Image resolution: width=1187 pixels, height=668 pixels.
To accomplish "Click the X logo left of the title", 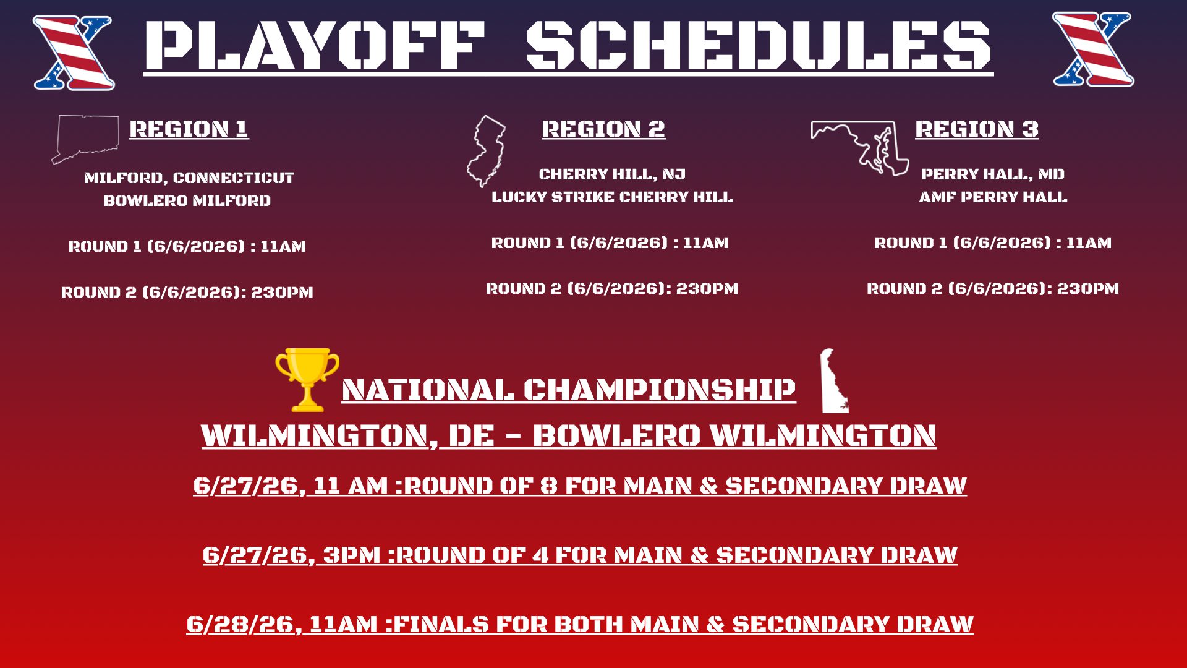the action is tap(74, 53).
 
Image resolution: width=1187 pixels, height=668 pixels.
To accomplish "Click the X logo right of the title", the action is tap(1093, 49).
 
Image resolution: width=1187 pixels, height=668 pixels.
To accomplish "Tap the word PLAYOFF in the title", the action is tap(315, 45).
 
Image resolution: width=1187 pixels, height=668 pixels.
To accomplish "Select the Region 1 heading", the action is tap(189, 129).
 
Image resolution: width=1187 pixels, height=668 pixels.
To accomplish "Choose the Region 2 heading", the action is tap(603, 129).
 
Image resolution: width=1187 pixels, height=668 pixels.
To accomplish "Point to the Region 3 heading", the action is tap(977, 129).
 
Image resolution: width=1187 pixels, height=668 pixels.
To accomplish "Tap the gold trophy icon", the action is tap(307, 380).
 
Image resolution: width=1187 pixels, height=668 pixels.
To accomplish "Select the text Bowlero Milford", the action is tap(187, 200).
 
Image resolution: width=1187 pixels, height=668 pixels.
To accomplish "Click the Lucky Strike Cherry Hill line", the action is tap(612, 197).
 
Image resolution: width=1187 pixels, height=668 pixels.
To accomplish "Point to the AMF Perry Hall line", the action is tap(993, 197).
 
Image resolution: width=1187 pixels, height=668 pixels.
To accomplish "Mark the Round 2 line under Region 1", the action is tap(187, 292).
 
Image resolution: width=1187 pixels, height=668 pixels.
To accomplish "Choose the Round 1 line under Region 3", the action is tap(993, 242).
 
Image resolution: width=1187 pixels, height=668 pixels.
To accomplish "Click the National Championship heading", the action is tap(569, 390).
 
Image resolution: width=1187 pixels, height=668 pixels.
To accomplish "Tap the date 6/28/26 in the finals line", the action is tap(243, 624).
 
